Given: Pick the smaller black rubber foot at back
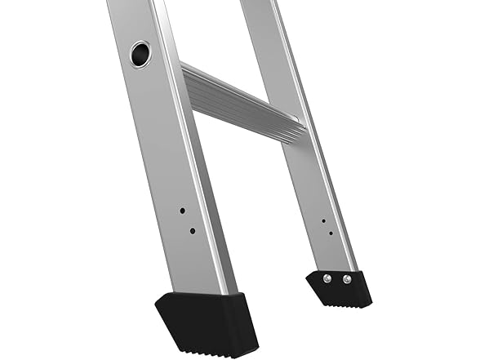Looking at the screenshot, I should (339, 288).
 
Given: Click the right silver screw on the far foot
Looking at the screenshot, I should (347, 279).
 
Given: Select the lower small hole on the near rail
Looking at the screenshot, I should (192, 231).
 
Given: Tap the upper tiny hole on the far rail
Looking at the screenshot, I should (324, 220).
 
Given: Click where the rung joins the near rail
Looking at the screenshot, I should (186, 82).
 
